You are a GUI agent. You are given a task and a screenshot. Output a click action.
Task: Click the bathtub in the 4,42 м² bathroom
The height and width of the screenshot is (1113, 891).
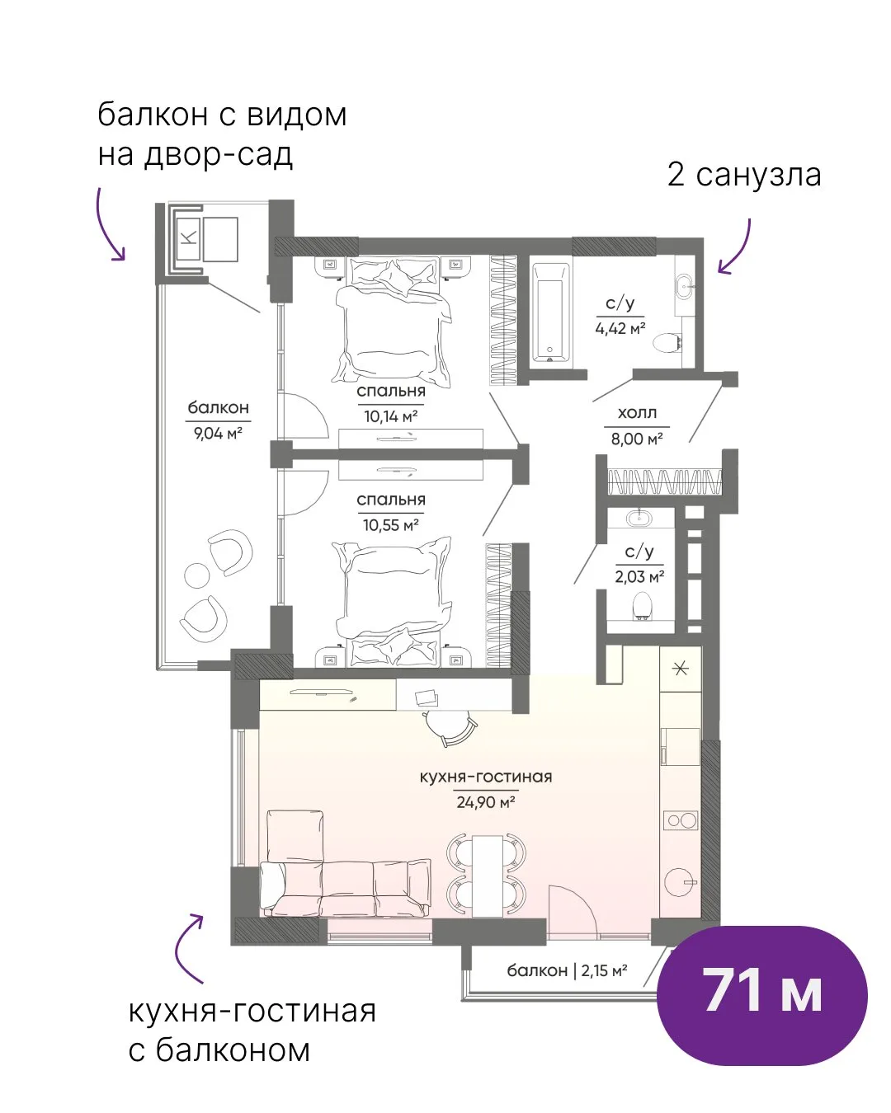pyautogui.click(x=551, y=312)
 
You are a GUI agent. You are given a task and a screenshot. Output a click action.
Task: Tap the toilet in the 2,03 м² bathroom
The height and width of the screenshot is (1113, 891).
pyautogui.click(x=642, y=605)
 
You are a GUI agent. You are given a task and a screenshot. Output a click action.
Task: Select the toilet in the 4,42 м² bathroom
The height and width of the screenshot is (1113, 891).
pyautogui.click(x=668, y=342)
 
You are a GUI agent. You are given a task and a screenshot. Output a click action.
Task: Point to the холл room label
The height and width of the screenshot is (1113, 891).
pyautogui.click(x=637, y=413)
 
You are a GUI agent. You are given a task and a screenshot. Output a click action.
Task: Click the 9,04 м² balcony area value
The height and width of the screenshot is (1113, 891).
pyautogui.click(x=218, y=433)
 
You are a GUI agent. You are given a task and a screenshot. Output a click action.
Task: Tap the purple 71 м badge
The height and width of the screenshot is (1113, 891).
pyautogui.click(x=762, y=996)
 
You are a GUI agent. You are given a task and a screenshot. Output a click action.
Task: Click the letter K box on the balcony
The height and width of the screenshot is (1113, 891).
pyautogui.click(x=190, y=238)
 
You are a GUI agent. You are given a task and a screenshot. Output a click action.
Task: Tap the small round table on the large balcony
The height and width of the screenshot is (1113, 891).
pyautogui.click(x=196, y=575)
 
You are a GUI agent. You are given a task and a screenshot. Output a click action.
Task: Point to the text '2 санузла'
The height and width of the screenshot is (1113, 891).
pyautogui.click(x=744, y=175)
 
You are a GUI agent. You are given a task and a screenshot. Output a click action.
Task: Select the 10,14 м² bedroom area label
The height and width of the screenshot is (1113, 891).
pyautogui.click(x=391, y=416)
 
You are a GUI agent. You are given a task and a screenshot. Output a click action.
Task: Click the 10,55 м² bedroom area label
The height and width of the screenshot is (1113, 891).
pyautogui.click(x=391, y=525)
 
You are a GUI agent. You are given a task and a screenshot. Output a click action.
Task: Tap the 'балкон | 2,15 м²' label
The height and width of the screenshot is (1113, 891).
pyautogui.click(x=567, y=970)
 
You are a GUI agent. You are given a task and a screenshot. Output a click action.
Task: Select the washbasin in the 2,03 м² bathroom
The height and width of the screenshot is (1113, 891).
pyautogui.click(x=640, y=517)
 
